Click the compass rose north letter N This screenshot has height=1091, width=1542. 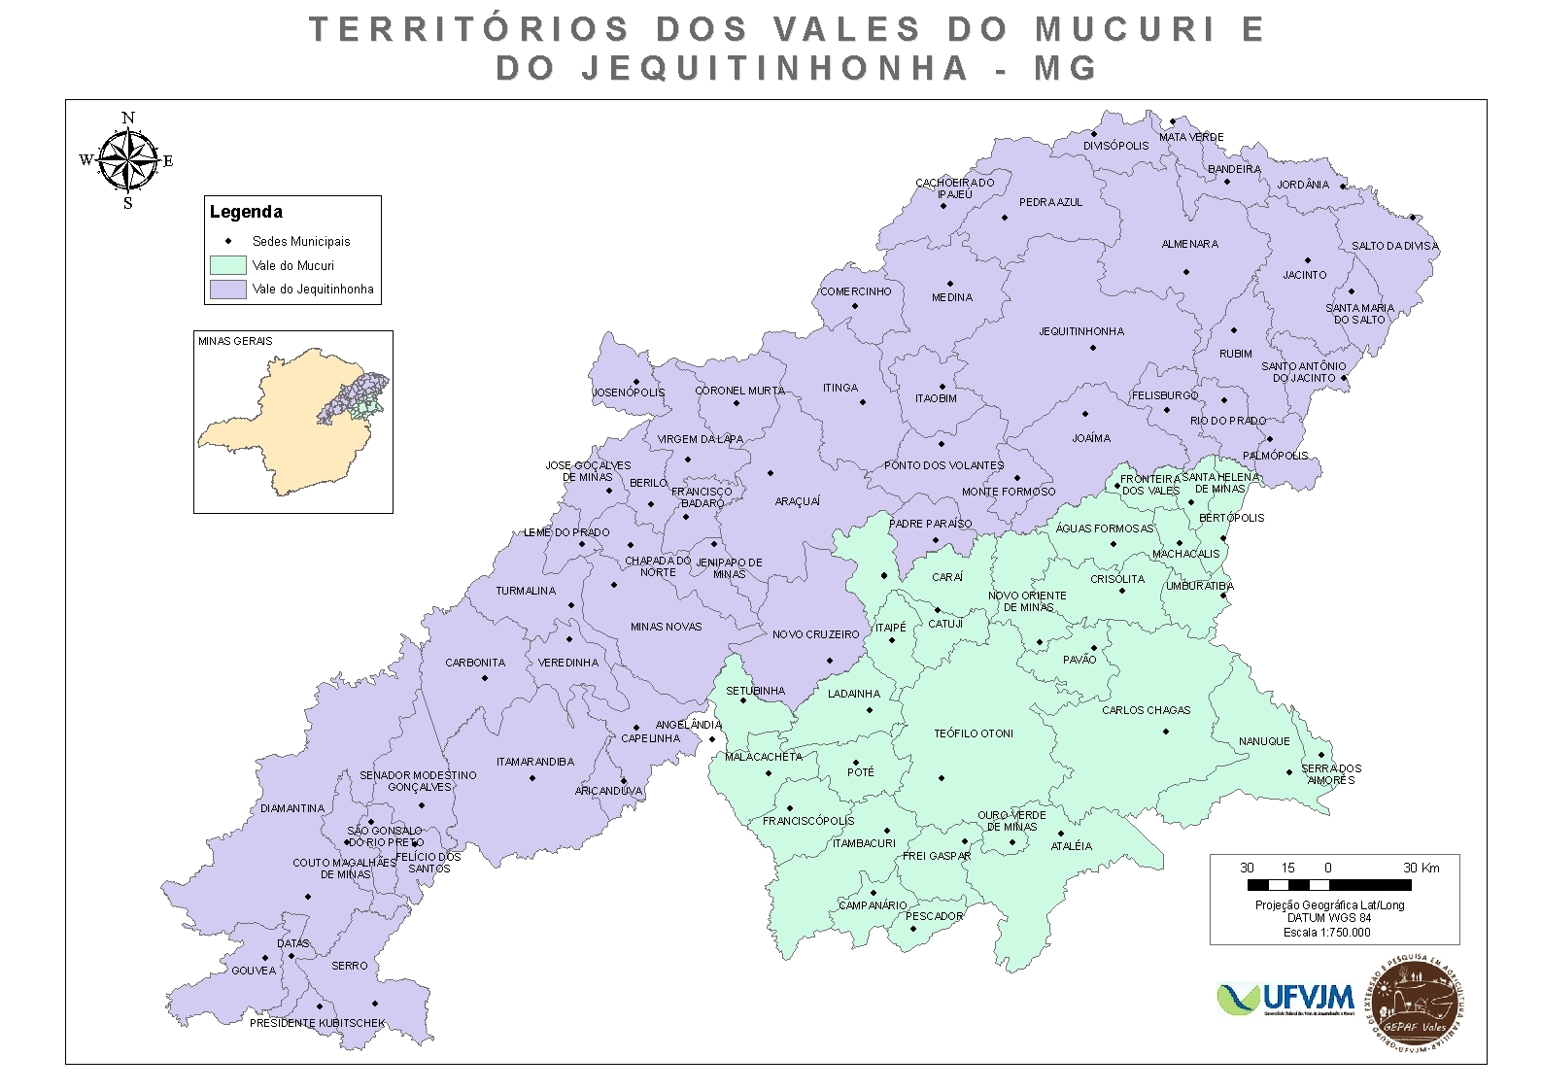(128, 119)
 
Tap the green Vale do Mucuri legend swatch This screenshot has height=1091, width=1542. (227, 265)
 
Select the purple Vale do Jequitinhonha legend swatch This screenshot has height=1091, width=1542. (227, 290)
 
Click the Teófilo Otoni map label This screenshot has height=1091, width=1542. (973, 733)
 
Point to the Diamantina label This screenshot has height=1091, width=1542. (292, 808)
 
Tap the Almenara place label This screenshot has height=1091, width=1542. (1189, 244)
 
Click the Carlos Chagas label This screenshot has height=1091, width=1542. (1146, 710)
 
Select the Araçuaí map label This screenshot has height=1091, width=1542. (797, 501)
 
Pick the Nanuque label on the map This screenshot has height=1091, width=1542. (1264, 741)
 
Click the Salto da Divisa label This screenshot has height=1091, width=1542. (1394, 246)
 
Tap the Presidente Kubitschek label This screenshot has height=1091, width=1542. (317, 1023)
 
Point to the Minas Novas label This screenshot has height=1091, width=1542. (666, 627)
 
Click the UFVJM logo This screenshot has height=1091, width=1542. (1285, 999)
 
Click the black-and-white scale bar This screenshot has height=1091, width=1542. (1328, 885)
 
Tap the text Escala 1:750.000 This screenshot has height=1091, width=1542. (1326, 932)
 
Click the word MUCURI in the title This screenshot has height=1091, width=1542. (1124, 30)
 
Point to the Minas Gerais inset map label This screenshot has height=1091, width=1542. (235, 341)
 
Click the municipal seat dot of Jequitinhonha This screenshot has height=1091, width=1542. (1092, 348)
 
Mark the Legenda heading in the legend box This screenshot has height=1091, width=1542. (246, 212)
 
